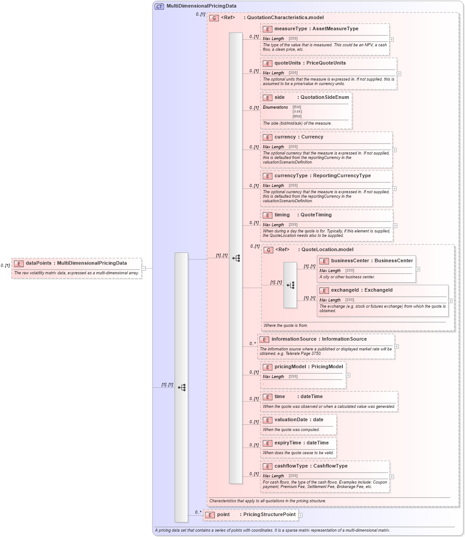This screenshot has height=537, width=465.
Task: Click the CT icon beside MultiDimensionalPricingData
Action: click(159, 6)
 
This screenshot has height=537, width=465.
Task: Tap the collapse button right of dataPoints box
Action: click(144, 268)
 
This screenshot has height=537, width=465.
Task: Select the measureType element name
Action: click(291, 29)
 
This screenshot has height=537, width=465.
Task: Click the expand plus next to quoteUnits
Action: click(399, 74)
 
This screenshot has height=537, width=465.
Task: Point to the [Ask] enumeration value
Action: click(297, 112)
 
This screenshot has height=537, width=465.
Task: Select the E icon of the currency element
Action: click(267, 137)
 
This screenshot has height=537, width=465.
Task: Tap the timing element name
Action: click(282, 215)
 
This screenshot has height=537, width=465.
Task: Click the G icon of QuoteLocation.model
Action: click(268, 250)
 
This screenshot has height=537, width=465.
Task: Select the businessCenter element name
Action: click(350, 261)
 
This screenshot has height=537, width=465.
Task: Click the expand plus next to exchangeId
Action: click(450, 301)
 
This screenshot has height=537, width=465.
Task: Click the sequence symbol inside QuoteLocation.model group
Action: click(290, 285)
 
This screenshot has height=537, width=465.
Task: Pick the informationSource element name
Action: click(294, 339)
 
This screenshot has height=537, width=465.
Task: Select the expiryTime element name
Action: click(289, 443)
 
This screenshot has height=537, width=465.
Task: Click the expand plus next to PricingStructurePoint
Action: click(300, 515)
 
